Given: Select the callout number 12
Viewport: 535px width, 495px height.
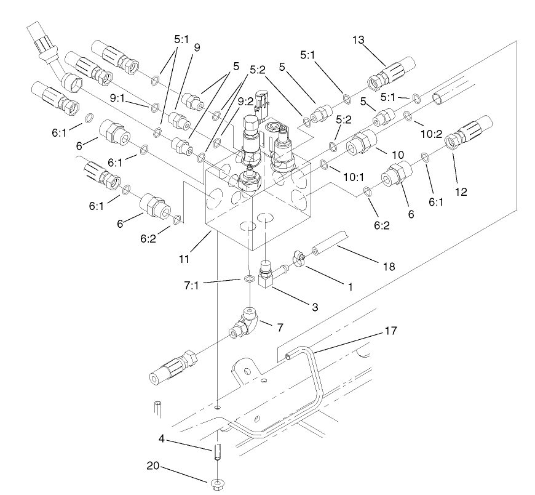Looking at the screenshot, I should (461, 192).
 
